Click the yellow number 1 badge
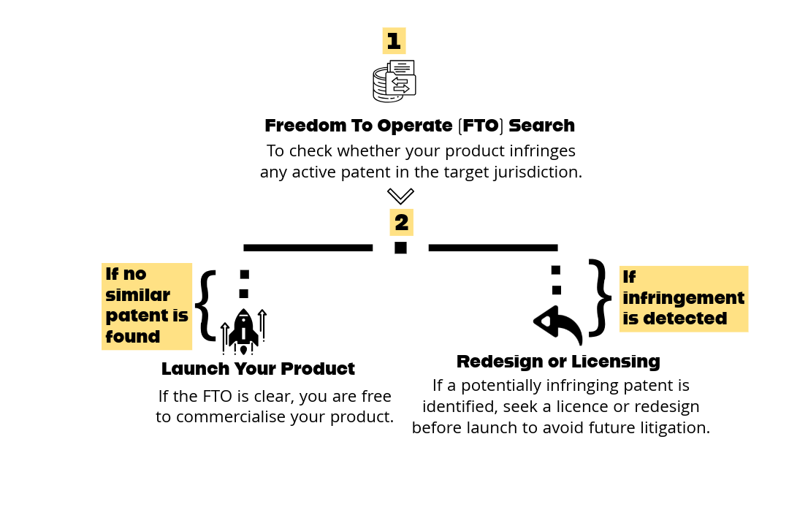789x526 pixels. (394, 41)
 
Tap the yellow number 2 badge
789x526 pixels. (401, 222)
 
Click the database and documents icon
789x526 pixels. (394, 81)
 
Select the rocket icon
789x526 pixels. (243, 331)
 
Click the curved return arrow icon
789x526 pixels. (558, 325)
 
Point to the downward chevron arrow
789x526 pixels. (400, 196)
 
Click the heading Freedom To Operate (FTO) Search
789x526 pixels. (419, 126)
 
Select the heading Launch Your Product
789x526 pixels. (258, 369)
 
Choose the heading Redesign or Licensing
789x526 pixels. (558, 362)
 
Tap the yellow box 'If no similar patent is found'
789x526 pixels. (147, 306)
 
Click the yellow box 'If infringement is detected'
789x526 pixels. (683, 299)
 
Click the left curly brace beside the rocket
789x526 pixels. (206, 305)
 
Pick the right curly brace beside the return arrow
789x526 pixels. (600, 298)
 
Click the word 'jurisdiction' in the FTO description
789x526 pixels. (538, 173)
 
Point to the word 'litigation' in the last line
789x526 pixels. (672, 428)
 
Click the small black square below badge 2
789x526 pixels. (400, 248)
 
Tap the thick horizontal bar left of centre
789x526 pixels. (308, 248)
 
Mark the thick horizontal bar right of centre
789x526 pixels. (493, 248)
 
